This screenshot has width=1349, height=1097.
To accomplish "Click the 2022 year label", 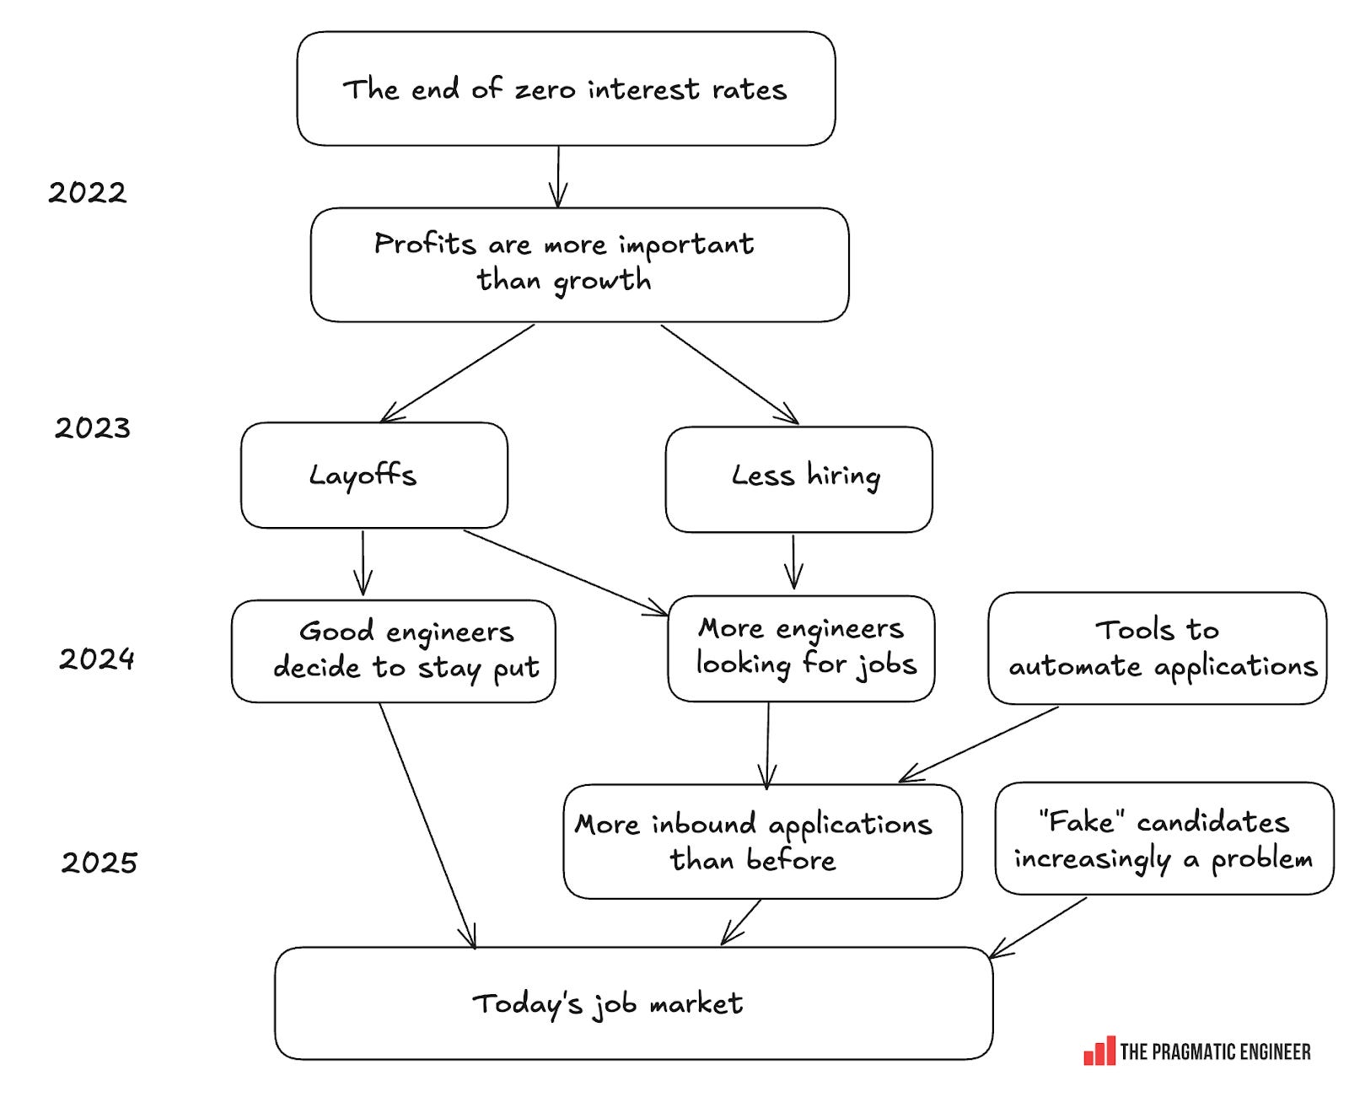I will pos(87,193).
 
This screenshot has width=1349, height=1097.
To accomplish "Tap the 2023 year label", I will pos(93,428).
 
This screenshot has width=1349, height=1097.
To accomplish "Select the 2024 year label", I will pos(97,659).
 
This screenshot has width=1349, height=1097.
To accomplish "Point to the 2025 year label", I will pos(99,863).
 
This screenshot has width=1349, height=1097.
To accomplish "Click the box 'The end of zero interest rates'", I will pos(566,89).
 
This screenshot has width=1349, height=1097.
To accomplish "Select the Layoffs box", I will pos(374,476).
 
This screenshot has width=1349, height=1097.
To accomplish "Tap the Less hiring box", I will pos(798,479).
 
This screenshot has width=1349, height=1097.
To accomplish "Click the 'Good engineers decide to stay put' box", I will pos(393,651).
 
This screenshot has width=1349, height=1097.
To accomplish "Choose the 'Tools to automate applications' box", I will pos(1157,648).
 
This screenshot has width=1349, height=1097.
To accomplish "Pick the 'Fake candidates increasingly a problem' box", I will pos(1164,838).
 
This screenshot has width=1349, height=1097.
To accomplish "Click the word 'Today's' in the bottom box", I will pos(527,1003).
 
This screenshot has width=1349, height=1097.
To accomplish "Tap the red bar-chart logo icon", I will pos(1099,1051).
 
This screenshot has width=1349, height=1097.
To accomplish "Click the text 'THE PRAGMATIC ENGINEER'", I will pos(1215,1051).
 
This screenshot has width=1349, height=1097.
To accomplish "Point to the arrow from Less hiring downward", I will pos(793,561).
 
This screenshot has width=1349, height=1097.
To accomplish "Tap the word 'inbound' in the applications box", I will pos(703,824).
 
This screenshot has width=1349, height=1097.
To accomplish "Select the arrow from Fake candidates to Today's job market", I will pos(1038,928).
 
